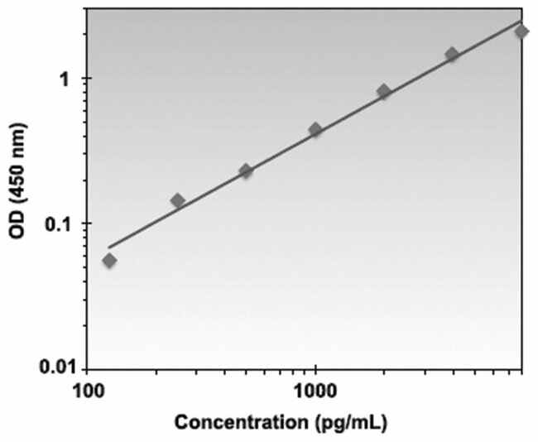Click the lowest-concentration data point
(x=109, y=261)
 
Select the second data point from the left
(x=177, y=200)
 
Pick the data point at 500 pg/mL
(x=246, y=171)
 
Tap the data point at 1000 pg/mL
(x=315, y=130)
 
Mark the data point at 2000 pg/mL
(x=384, y=91)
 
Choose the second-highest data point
(x=452, y=55)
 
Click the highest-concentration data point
(x=521, y=31)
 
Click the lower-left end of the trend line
(x=109, y=247)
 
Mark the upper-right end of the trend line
(x=521, y=22)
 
